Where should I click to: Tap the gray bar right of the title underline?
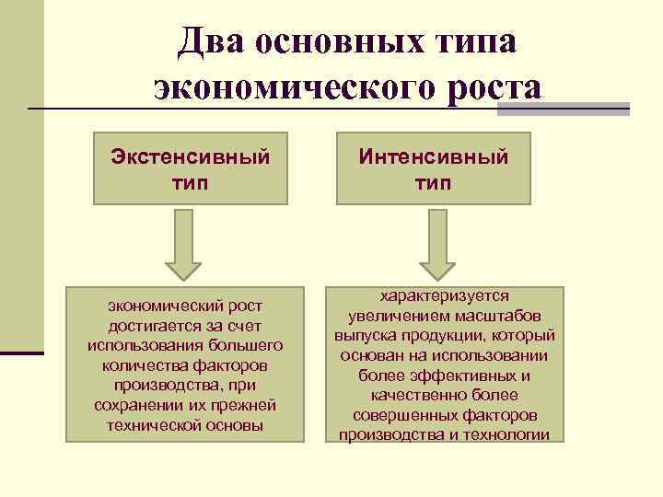(x=563, y=109)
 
